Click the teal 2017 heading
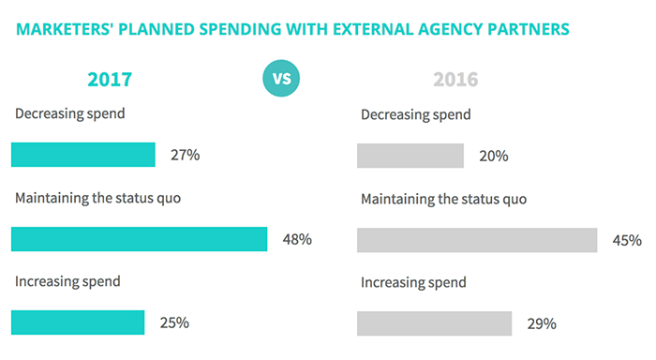[x=110, y=80]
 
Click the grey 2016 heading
[x=455, y=80]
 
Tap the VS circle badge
[x=282, y=78]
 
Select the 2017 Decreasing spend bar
[x=83, y=155]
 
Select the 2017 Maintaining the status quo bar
[x=140, y=239]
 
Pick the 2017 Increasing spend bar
[x=78, y=322]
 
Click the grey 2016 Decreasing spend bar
[x=410, y=156]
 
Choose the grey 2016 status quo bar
[x=477, y=240]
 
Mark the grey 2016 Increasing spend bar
[x=435, y=323]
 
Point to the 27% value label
[x=185, y=156]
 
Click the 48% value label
[x=297, y=240]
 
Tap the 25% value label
[x=174, y=323]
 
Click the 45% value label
[x=627, y=241]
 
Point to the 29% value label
[x=542, y=324]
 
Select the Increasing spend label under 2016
[x=413, y=282]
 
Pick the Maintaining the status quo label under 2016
[x=443, y=199]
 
